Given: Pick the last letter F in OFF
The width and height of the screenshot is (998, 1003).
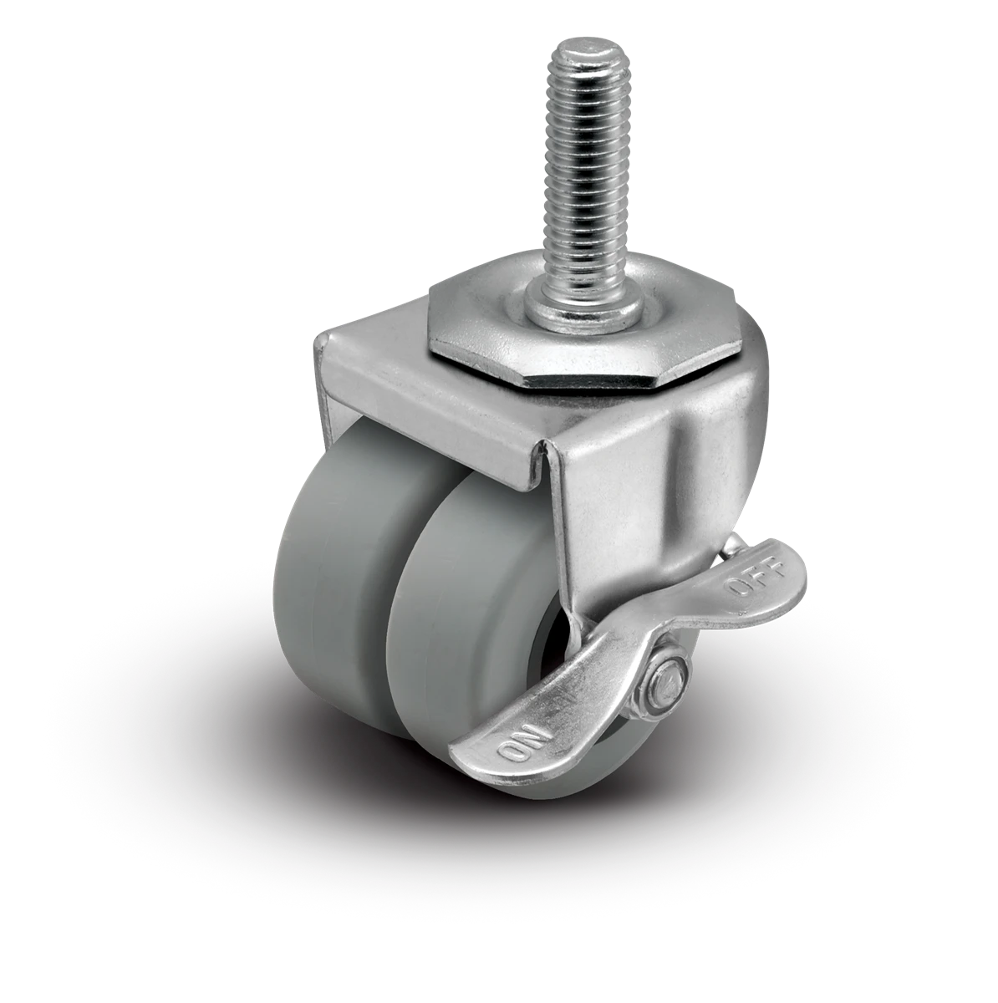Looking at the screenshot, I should coord(772,570).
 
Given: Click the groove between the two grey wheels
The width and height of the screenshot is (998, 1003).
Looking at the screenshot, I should coord(386,635).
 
